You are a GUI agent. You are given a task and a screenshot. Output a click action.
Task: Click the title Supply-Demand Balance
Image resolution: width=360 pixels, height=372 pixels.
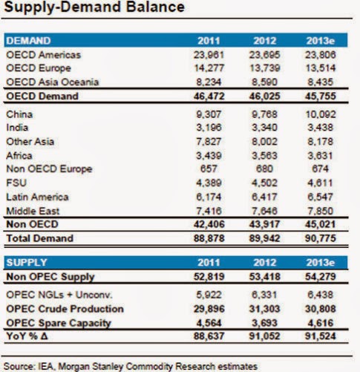pos(94,7)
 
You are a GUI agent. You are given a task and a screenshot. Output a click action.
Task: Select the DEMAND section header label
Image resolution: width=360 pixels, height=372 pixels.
pos(28,41)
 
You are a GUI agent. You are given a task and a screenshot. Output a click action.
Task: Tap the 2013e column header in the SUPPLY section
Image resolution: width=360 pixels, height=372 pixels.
pos(321,262)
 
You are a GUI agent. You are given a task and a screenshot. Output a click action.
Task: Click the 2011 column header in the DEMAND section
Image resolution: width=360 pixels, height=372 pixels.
pos(209,41)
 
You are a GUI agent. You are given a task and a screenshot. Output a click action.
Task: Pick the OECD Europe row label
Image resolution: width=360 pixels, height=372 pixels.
pos(39,68)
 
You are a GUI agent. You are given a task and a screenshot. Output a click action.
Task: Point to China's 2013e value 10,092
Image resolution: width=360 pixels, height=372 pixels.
pos(321,114)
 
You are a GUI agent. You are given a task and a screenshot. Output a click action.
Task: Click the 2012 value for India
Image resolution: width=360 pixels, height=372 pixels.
pos(264,128)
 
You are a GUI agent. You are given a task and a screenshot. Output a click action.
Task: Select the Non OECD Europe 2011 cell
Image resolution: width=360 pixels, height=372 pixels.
pos(209,169)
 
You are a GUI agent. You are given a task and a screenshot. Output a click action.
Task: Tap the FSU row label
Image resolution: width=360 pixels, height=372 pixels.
pos(16,183)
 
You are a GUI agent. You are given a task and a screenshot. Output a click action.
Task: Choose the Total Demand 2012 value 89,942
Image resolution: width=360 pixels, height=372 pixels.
pos(264,238)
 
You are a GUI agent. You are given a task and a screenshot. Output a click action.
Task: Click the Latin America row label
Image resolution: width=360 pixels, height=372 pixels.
pos(37,197)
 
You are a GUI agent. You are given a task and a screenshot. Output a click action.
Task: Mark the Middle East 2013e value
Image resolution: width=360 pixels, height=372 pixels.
pos(321,211)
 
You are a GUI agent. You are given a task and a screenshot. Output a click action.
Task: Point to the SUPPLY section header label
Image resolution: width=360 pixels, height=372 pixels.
pos(27,262)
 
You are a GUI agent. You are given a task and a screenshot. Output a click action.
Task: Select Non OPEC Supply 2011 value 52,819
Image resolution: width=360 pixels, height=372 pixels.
pos(209,277)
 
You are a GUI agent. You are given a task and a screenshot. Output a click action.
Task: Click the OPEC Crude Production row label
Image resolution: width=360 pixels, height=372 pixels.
pos(65,309)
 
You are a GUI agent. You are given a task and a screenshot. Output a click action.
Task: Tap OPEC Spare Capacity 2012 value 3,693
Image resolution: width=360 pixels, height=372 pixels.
pos(264,323)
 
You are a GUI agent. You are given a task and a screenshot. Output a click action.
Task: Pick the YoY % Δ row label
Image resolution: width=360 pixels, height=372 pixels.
pos(27,336)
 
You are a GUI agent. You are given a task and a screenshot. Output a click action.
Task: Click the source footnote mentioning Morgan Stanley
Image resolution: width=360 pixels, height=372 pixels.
pos(131,366)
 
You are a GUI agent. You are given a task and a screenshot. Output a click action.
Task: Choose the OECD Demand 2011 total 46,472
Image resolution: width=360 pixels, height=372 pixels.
pos(209,96)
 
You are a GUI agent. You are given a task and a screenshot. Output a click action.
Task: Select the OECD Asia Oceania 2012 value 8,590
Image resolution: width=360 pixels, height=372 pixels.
pos(264,82)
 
